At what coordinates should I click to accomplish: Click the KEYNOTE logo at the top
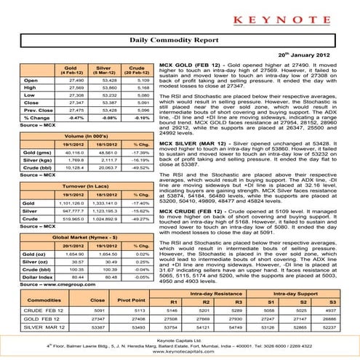pyautogui.click(x=180, y=15)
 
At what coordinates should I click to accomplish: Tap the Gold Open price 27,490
pyautogui.click(x=66, y=80)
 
